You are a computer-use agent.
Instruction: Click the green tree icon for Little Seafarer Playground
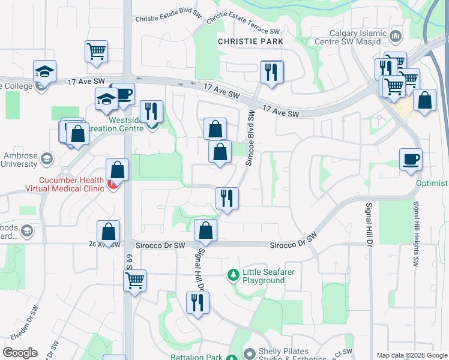pyautogui.click(x=233, y=275)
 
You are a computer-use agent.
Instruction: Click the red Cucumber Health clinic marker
pyautogui.click(x=112, y=187)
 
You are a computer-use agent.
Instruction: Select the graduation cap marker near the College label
pyautogui.click(x=44, y=71)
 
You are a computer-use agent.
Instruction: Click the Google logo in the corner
pyautogui.click(x=20, y=352)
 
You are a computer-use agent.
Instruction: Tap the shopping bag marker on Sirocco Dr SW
pyautogui.click(x=206, y=230)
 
